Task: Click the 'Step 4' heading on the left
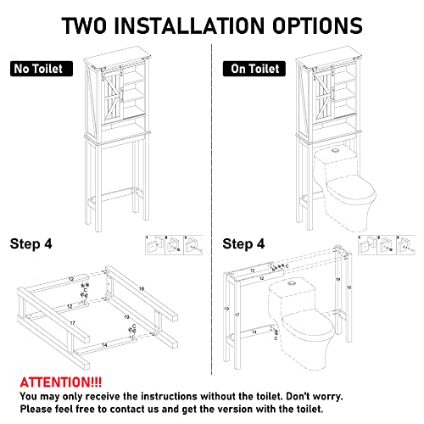pos(31,244)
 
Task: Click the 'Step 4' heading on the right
pos(243,244)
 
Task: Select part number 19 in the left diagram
pos(126,317)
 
